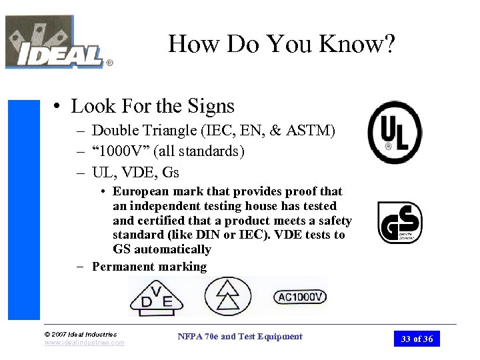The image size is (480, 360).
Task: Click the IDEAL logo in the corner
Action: pyautogui.click(x=57, y=43)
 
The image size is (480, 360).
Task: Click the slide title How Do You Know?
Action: pyautogui.click(x=282, y=44)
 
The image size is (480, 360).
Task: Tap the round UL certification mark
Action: pyautogui.click(x=395, y=132)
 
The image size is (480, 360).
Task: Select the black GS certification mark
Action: pyautogui.click(x=400, y=223)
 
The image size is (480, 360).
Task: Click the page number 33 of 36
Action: pyautogui.click(x=417, y=339)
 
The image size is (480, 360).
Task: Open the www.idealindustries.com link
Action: pyautogui.click(x=84, y=343)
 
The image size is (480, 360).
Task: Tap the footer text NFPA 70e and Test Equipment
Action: pyautogui.click(x=240, y=337)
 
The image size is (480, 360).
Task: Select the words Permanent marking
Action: pyautogui.click(x=149, y=267)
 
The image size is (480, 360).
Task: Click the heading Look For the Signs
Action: pyautogui.click(x=153, y=106)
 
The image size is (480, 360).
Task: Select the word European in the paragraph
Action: pyautogui.click(x=139, y=192)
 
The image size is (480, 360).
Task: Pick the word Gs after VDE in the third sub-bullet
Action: pyautogui.click(x=169, y=172)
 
